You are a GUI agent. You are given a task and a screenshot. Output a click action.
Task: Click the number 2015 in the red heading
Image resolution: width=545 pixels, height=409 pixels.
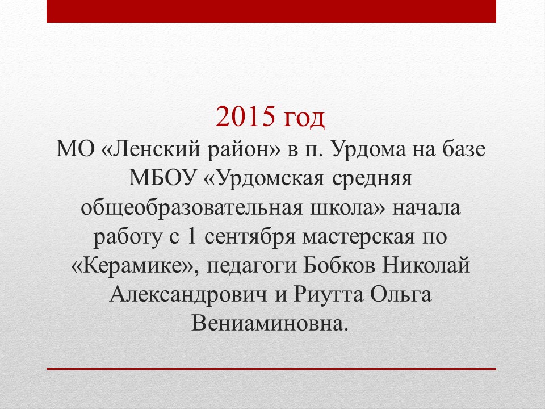[245, 116]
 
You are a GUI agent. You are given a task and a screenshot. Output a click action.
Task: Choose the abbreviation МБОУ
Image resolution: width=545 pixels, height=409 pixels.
[163, 178]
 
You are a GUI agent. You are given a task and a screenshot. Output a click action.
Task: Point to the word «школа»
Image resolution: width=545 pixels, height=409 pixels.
[347, 208]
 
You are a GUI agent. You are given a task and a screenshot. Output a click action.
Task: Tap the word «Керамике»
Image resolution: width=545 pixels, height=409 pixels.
[134, 266]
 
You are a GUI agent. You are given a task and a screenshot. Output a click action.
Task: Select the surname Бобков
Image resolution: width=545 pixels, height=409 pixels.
[339, 266]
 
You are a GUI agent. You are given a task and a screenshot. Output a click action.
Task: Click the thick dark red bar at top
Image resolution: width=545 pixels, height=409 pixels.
[271, 11]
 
